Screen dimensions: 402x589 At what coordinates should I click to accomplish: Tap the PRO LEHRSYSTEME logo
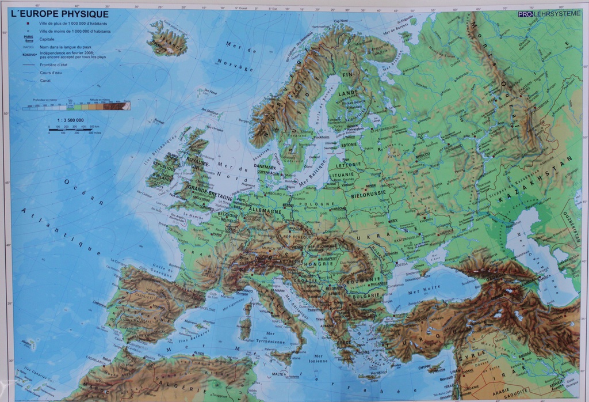[549, 14]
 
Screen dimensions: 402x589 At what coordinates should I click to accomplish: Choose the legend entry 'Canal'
[45, 81]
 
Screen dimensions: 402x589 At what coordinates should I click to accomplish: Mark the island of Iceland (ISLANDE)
[168, 40]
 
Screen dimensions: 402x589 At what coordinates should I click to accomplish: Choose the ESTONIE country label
[349, 145]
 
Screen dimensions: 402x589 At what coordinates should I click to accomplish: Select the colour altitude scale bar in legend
[76, 106]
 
